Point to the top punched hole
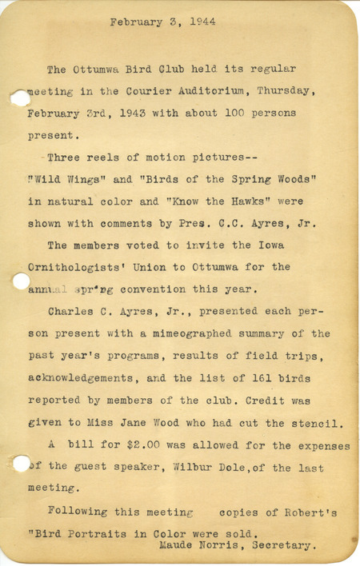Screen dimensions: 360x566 18,98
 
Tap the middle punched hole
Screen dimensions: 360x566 19,281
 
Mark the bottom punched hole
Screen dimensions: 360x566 20,463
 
